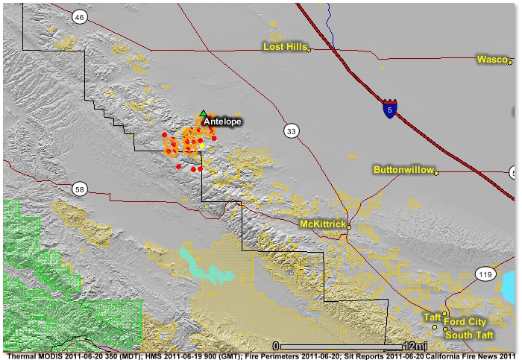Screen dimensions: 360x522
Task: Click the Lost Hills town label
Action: click(x=284, y=47)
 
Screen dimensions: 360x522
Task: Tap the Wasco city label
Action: click(x=492, y=60)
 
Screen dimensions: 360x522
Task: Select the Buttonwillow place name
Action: click(x=403, y=171)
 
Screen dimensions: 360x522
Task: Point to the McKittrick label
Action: click(x=321, y=224)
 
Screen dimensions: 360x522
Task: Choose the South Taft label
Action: click(x=468, y=335)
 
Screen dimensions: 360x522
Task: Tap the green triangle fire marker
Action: click(x=203, y=113)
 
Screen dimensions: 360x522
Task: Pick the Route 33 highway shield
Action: click(x=291, y=132)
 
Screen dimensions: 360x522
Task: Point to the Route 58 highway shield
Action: click(x=80, y=189)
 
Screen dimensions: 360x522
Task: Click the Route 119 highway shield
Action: click(x=485, y=275)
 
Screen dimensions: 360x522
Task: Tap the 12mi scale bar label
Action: click(x=414, y=347)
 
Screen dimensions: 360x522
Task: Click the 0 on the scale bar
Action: click(x=276, y=347)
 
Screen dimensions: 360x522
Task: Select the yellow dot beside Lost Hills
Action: click(x=309, y=50)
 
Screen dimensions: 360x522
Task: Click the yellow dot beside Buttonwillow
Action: click(x=437, y=173)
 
